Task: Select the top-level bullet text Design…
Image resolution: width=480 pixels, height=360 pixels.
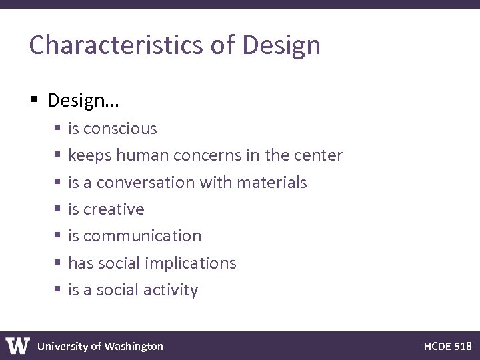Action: pos(83,101)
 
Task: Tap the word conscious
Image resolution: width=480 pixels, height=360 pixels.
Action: pos(121,128)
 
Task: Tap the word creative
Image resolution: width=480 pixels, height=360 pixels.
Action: pos(114,209)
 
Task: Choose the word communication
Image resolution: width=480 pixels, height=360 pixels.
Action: pos(143,236)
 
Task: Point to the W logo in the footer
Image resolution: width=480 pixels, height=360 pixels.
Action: pos(18,345)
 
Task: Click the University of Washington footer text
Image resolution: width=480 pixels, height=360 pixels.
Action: pos(100,346)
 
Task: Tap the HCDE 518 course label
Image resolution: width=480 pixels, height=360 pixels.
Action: pos(447,346)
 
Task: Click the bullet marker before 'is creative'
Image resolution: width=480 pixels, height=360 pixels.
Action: pos(58,209)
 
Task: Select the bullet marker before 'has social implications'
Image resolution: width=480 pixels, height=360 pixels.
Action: pos(58,263)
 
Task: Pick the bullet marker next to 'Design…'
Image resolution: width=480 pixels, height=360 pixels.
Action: pos(34,101)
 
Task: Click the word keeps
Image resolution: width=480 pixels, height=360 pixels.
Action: pos(90,155)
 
